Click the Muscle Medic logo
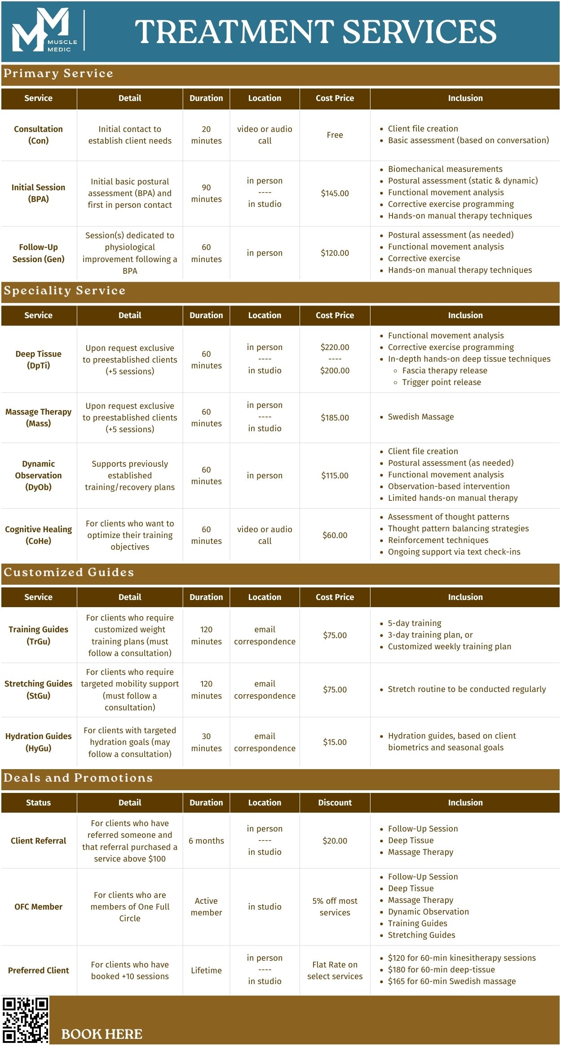click(44, 31)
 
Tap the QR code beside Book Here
click(26, 1020)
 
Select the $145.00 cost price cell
click(335, 193)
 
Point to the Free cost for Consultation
click(335, 135)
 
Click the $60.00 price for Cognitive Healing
click(335, 535)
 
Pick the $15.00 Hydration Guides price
click(335, 742)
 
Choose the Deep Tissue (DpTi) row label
click(38, 359)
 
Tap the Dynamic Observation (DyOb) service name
click(38, 475)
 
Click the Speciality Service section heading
click(65, 291)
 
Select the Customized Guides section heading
click(69, 572)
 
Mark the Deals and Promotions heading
click(78, 778)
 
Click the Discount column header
click(335, 802)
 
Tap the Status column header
click(38, 802)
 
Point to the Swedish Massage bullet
click(420, 417)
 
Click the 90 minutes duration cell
click(206, 193)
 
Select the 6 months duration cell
click(206, 841)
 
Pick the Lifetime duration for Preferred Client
click(206, 970)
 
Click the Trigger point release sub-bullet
click(441, 382)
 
